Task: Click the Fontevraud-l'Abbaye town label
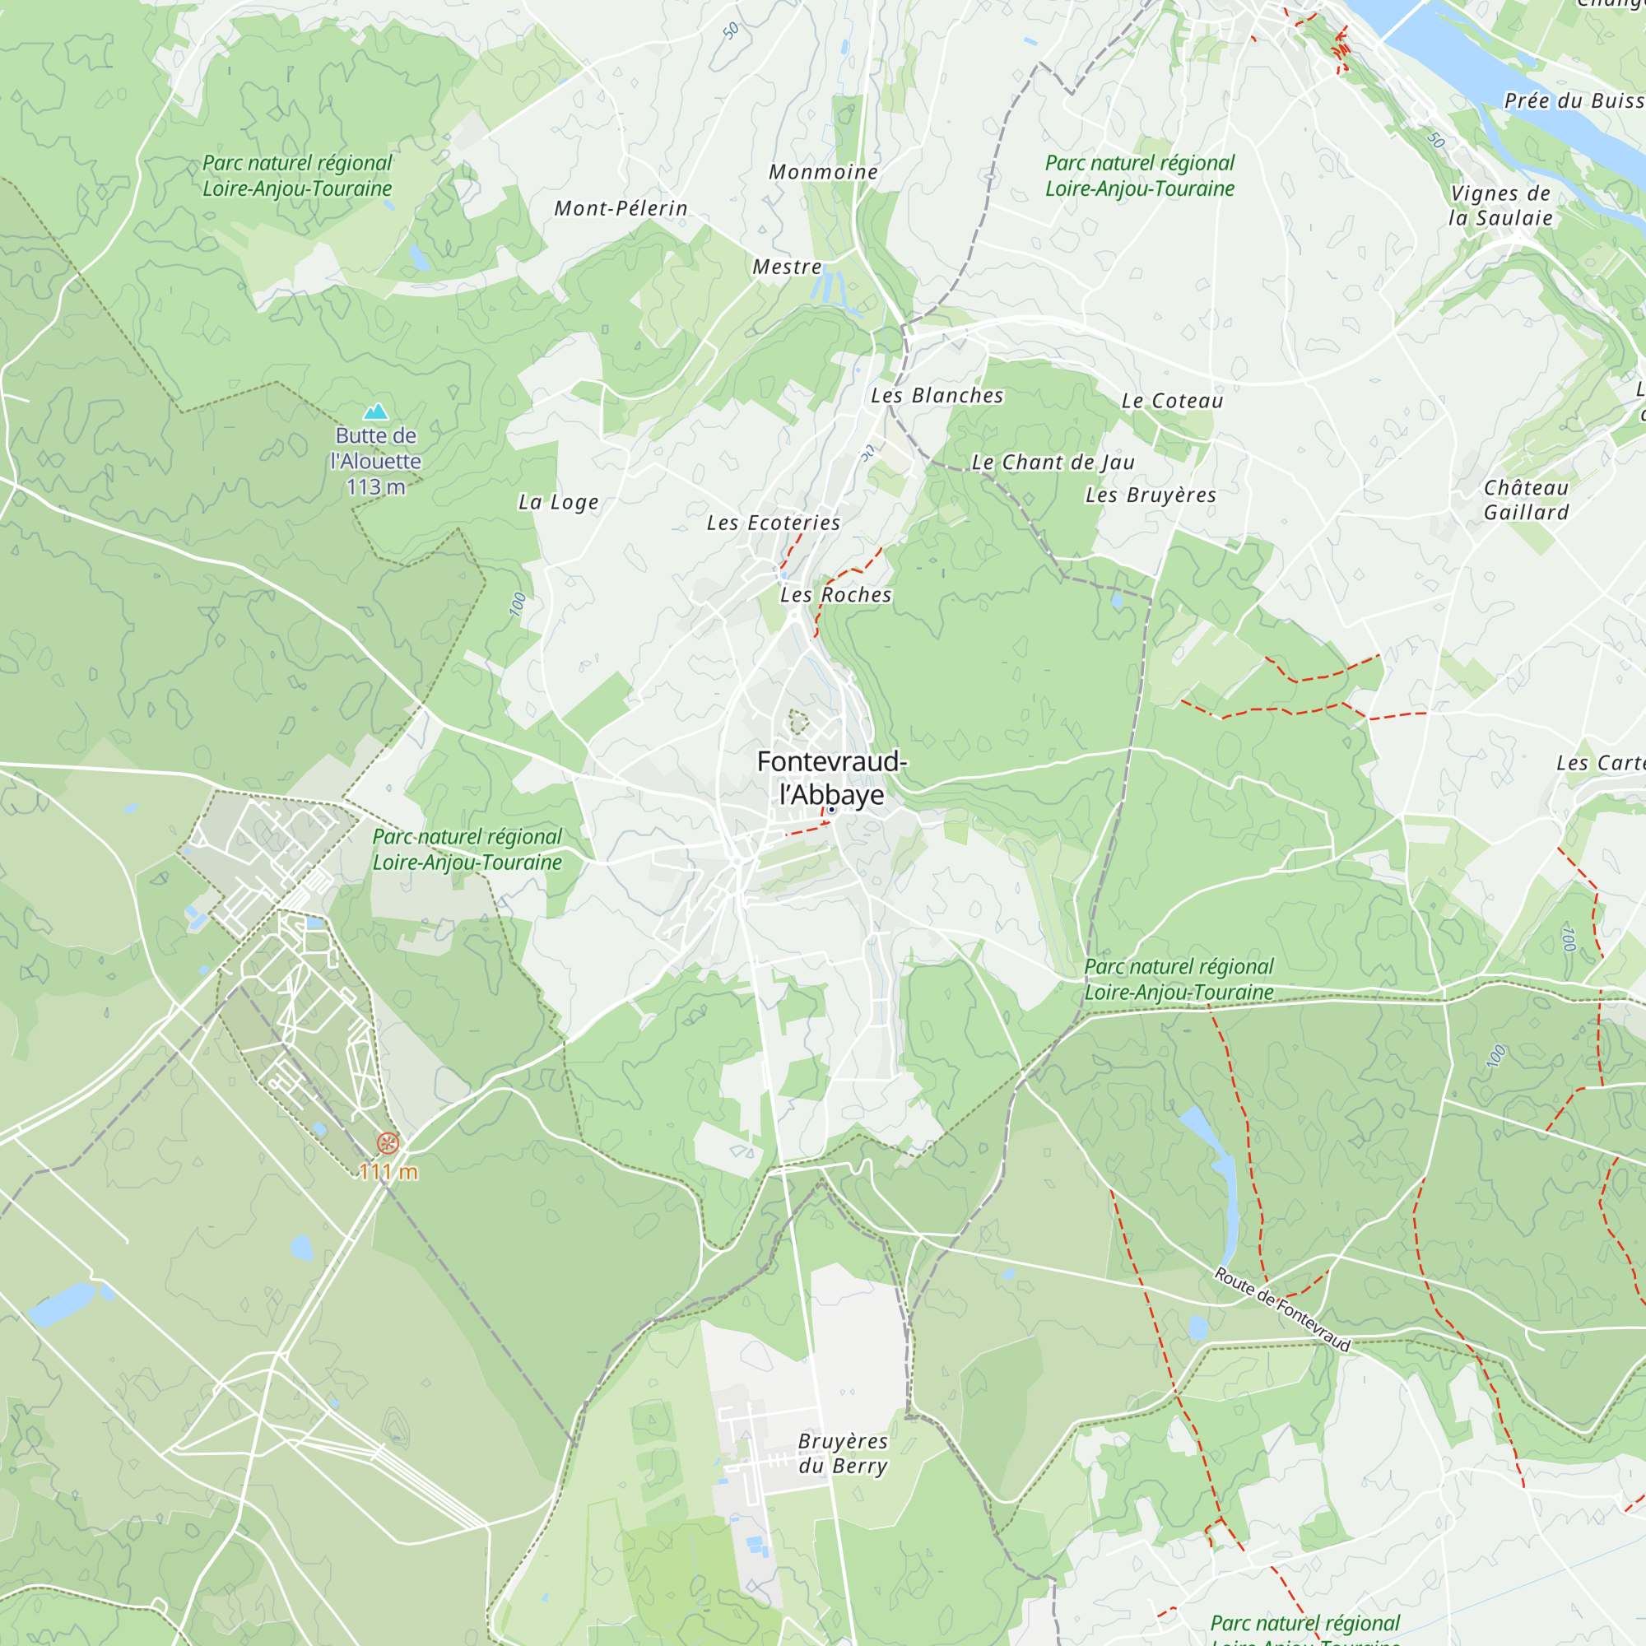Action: point(831,777)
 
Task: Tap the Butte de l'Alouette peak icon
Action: point(376,412)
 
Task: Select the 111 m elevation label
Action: point(388,1172)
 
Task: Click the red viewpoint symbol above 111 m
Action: point(388,1143)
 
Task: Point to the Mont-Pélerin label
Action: point(621,208)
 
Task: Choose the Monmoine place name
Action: point(823,172)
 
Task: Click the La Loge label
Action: point(559,502)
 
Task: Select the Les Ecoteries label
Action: point(774,523)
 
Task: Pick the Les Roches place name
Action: point(836,595)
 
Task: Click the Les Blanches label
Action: point(937,395)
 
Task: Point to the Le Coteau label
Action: point(1172,401)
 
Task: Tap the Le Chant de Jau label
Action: point(1053,462)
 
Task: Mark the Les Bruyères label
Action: point(1151,495)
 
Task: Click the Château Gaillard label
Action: point(1526,500)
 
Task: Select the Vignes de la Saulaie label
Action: point(1500,205)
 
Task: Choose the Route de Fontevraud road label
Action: point(1282,1309)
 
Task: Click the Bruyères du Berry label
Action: point(843,1453)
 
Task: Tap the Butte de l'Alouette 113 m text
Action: point(376,461)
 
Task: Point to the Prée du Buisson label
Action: point(1573,100)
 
